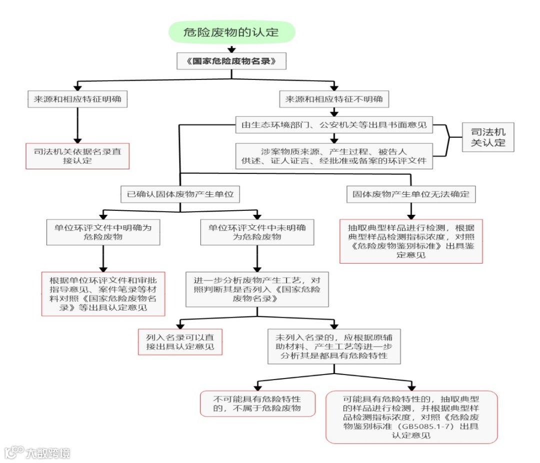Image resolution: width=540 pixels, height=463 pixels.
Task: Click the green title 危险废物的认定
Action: coord(231,33)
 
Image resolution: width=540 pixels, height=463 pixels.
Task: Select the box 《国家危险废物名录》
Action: coord(231,61)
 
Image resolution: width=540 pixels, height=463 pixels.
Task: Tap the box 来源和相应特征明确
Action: coord(77,99)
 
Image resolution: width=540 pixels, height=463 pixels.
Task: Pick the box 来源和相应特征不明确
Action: coord(334,99)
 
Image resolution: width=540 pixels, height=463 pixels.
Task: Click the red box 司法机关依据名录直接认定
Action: coord(77,156)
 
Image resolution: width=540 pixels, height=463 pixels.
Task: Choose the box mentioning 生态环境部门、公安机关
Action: coord(334,125)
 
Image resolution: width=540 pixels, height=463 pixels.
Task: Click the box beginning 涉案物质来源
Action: coord(334,156)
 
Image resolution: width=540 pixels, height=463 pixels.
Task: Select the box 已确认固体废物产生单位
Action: coord(180,194)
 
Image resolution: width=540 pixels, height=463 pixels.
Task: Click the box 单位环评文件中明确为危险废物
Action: coord(103,232)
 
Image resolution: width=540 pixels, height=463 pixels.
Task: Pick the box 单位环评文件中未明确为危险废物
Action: coord(257,232)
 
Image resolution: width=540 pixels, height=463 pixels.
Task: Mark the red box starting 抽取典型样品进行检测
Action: coord(411,241)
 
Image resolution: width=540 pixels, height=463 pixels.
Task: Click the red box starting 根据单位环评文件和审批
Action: coord(103,294)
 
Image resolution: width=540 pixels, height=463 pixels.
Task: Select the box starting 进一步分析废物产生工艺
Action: coord(257,289)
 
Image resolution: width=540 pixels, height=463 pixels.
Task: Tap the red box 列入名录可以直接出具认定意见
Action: coord(180,342)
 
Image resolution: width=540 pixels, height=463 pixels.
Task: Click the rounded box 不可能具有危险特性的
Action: coord(257,404)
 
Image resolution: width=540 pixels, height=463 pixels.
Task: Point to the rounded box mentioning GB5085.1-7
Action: coord(411,417)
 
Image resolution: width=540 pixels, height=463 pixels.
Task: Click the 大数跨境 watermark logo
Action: coord(37,452)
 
